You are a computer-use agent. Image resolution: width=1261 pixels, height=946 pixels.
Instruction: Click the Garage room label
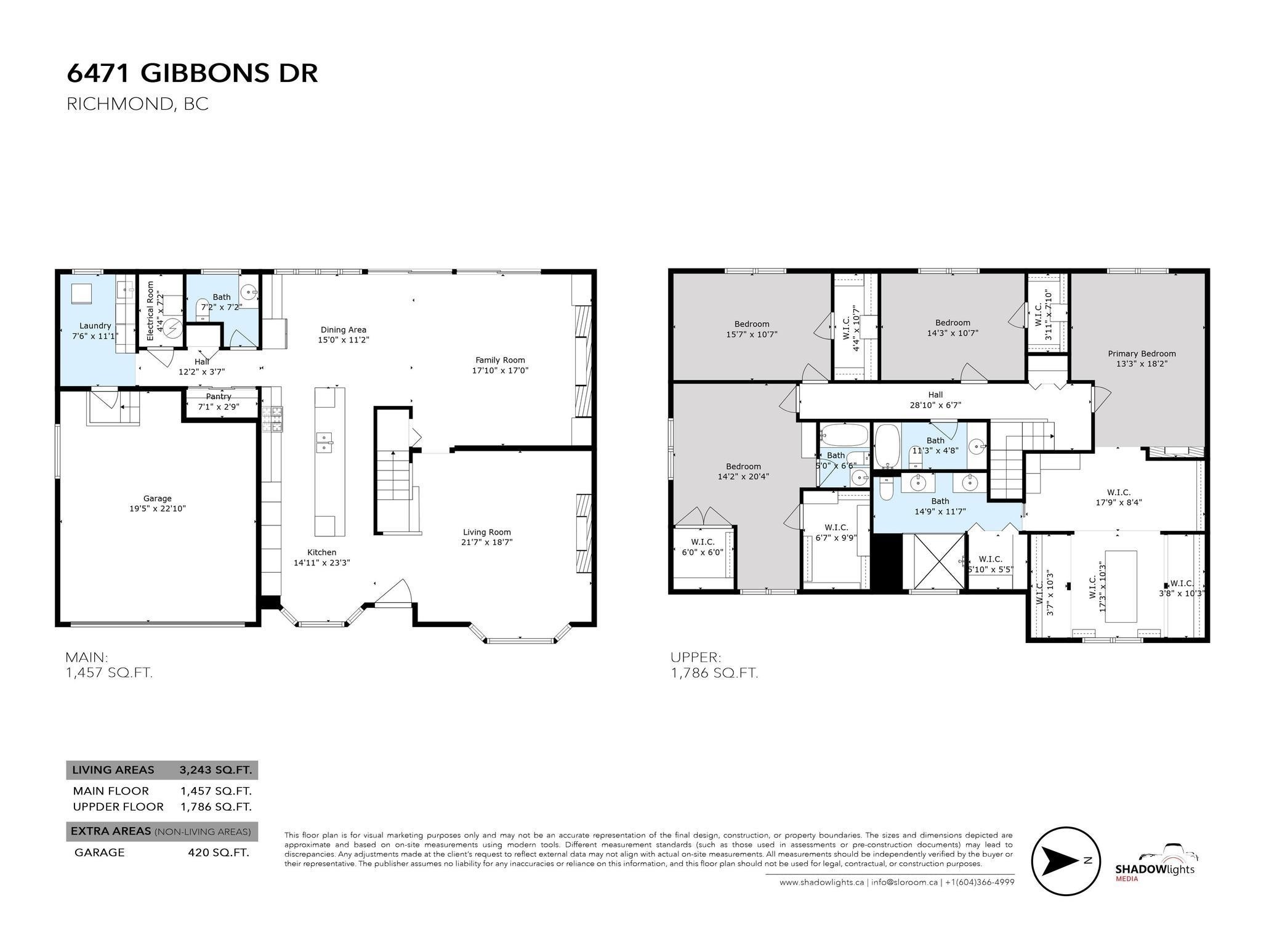pos(157,498)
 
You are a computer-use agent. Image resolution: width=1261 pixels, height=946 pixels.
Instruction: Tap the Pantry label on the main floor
pos(219,397)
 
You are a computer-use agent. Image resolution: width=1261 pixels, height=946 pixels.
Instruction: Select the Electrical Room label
pos(150,312)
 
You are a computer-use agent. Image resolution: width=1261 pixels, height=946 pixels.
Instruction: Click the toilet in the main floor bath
pos(202,309)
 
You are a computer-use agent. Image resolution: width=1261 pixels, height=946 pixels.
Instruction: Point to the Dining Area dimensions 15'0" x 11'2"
pos(343,340)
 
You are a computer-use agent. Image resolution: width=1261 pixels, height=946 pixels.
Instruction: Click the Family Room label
pos(500,360)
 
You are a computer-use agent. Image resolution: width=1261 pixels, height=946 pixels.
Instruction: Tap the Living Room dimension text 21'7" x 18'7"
pos(486,543)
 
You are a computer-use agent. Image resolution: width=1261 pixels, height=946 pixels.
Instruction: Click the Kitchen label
pos(321,552)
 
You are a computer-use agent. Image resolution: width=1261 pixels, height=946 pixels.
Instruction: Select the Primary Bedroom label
pos(1142,354)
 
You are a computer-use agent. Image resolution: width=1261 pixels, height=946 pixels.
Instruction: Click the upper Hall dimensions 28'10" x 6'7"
pos(935,405)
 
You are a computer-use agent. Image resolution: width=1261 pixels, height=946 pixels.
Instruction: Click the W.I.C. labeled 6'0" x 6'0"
pos(702,547)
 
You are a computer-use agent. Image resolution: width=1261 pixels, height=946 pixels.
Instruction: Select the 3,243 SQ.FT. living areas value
pos(215,770)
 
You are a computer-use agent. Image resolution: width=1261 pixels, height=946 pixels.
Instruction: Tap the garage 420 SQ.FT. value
pos(218,852)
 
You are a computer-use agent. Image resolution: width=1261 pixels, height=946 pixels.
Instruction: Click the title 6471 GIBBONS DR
pos(192,73)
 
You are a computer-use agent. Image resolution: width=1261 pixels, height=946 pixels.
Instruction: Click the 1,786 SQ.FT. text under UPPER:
pos(714,673)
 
